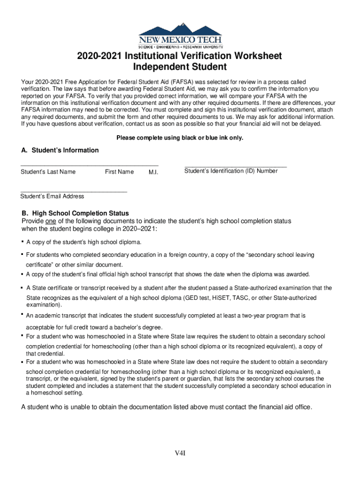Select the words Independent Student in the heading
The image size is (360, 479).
180,67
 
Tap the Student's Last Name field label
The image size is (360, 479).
48,172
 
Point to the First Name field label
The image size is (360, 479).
119,172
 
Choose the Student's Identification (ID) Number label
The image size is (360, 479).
231,171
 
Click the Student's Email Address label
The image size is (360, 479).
52,196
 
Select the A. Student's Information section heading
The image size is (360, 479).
60,150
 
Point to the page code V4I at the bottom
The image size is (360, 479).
180,453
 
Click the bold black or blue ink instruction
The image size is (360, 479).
180,138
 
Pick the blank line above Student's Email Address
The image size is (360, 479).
74,192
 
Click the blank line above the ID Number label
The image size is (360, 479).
236,167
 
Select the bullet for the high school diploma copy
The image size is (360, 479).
22,242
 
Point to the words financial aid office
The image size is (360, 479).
285,407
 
